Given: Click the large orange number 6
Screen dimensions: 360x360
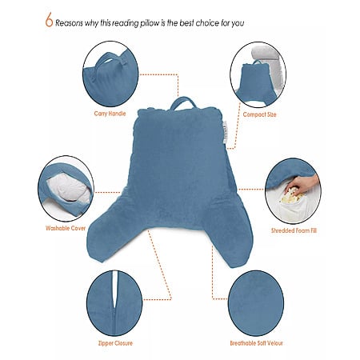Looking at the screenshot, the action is click(49, 20).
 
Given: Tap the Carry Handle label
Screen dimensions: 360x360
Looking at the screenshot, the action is click(110, 114).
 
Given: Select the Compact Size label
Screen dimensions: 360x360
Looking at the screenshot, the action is click(259, 114).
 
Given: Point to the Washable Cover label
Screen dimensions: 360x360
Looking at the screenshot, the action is click(66, 228).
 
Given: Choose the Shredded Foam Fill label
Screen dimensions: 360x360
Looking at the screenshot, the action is click(294, 230).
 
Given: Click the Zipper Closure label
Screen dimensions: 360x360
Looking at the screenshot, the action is click(115, 343).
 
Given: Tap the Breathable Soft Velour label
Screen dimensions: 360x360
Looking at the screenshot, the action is click(256, 343).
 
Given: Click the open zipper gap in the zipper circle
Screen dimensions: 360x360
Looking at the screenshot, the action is click(114, 290).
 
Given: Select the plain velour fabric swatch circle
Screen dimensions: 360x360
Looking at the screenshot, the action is click(256, 303).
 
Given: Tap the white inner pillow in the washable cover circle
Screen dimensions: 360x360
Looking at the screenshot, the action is click(68, 190).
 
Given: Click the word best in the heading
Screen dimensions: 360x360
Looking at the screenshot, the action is click(186, 23).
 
